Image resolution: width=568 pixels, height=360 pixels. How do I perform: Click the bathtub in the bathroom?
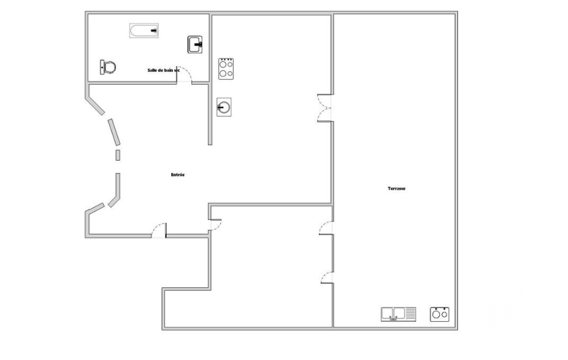(144, 30)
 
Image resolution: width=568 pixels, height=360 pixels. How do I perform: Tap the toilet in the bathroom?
(108, 67)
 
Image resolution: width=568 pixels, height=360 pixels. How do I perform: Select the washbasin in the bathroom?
(195, 44)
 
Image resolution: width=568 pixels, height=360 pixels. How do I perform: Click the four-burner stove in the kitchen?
(226, 69)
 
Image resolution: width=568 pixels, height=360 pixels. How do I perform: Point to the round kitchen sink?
(224, 107)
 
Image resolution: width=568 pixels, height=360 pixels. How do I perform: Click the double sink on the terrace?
(398, 314)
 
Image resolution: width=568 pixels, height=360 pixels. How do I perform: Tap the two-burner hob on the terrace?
(440, 314)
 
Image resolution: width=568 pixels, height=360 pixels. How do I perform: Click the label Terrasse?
(397, 188)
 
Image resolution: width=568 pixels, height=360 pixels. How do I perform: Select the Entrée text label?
(177, 174)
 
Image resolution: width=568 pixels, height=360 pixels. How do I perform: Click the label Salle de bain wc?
(163, 70)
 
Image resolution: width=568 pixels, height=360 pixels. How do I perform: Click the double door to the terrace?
(325, 108)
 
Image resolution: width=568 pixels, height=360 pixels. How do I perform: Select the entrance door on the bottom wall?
(159, 230)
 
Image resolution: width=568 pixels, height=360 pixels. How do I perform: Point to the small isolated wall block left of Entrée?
(117, 155)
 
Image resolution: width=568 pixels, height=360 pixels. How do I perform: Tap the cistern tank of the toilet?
(102, 68)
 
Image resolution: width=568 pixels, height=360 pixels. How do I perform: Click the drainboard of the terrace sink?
(411, 313)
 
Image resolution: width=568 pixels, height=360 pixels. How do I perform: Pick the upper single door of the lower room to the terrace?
(326, 228)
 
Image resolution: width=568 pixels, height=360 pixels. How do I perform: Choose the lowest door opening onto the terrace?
(327, 277)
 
